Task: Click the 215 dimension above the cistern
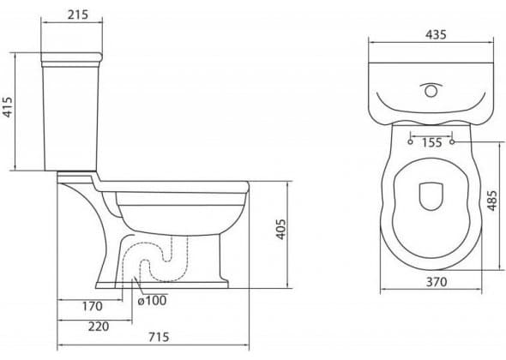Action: pos(77,15)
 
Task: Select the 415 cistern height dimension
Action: pos(7,107)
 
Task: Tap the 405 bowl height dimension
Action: pos(280,230)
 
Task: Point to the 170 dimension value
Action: pos(93,306)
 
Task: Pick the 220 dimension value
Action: pos(99,327)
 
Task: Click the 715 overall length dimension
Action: pos(159,337)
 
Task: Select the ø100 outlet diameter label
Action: pos(152,301)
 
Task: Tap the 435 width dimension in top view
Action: pos(436,34)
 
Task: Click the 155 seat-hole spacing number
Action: pos(431,142)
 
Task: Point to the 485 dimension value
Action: pos(491,201)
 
